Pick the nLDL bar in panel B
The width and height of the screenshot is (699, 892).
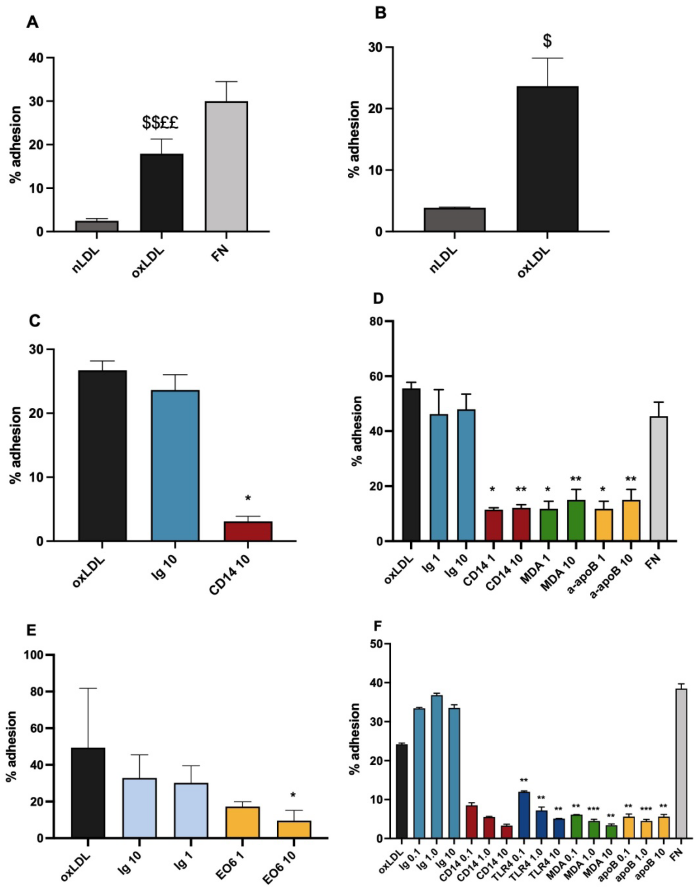454,220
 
